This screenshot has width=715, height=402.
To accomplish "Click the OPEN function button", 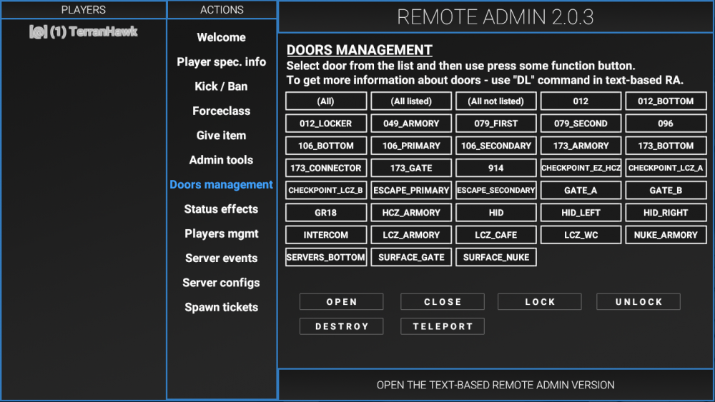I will pyautogui.click(x=341, y=302).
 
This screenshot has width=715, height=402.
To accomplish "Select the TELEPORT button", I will pyautogui.click(x=443, y=326).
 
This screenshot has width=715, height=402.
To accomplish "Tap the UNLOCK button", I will pyautogui.click(x=638, y=302).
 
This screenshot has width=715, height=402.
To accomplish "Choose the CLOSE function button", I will pyautogui.click(x=443, y=302).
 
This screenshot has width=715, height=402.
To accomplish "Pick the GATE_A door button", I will pyautogui.click(x=581, y=191).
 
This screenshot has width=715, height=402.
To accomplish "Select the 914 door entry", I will pyautogui.click(x=495, y=169).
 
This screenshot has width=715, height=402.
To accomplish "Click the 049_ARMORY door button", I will pyautogui.click(x=411, y=124).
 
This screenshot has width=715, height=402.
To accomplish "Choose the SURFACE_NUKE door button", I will pyautogui.click(x=495, y=257).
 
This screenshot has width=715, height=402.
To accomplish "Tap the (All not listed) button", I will pyautogui.click(x=495, y=101).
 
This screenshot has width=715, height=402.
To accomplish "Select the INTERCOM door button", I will pyautogui.click(x=326, y=235).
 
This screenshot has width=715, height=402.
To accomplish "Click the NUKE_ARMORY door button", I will pyautogui.click(x=666, y=235).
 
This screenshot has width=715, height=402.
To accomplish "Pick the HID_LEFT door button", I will pyautogui.click(x=581, y=213).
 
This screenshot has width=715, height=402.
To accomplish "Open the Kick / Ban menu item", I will pyautogui.click(x=221, y=86).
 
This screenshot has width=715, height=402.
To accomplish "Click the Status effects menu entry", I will pyautogui.click(x=221, y=209).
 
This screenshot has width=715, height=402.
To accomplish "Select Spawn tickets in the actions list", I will pyautogui.click(x=221, y=307).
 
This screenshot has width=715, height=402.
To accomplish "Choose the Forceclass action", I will pyautogui.click(x=221, y=111).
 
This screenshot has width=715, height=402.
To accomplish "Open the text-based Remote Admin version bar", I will pyautogui.click(x=495, y=385).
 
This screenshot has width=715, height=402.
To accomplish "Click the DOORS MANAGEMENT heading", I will pyautogui.click(x=360, y=50).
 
